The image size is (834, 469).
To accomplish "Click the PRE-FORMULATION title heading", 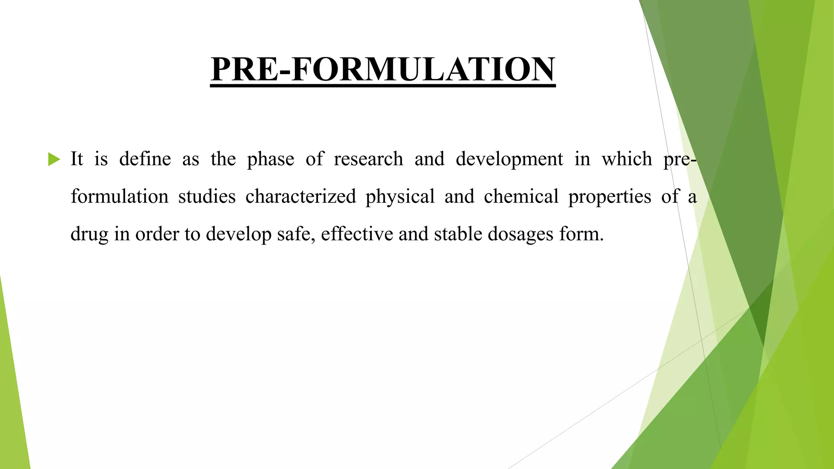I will click(x=383, y=69).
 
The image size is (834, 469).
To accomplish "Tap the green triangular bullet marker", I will click(x=54, y=159).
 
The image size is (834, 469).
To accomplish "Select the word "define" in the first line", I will click(x=145, y=159).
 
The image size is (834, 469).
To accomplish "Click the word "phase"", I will click(x=270, y=160).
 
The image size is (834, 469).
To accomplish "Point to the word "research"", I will click(x=368, y=159).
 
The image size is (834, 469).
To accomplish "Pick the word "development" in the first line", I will click(x=509, y=160).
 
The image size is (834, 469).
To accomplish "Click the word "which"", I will click(x=627, y=159).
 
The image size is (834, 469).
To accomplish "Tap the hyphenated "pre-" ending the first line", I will click(x=680, y=160).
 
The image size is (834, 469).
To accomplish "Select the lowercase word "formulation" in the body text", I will click(x=119, y=196).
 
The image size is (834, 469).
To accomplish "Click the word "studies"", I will click(x=207, y=196).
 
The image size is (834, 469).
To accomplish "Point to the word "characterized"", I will click(x=301, y=197).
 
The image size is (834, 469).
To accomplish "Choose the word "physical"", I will click(x=400, y=197).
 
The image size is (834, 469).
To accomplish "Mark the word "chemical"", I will click(x=521, y=196).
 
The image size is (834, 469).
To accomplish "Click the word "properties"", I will click(x=610, y=197).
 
